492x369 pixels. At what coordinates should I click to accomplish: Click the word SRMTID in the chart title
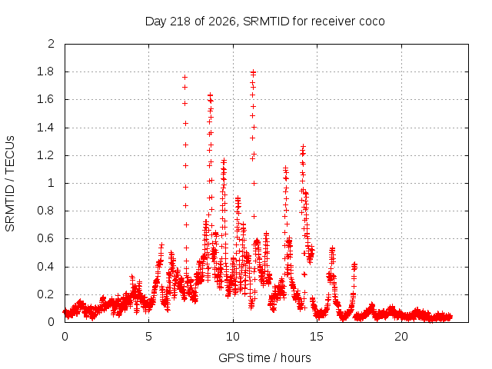pos(266,22)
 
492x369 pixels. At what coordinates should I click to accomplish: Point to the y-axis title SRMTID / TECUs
pos(10,184)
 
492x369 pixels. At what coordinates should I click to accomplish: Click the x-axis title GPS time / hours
pos(264,357)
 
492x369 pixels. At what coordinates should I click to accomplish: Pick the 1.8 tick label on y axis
pos(45,71)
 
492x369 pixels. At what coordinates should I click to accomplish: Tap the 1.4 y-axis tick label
pos(45,128)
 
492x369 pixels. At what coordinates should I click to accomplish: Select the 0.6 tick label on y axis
pos(45,238)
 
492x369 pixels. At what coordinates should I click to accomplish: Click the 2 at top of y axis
pos(51,44)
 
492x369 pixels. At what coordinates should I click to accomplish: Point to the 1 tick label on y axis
pos(51,183)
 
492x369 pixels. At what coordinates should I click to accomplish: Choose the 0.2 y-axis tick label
pos(45,294)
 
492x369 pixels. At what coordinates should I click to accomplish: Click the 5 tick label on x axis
pos(148,337)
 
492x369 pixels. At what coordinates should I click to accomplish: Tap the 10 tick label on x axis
pos(232,337)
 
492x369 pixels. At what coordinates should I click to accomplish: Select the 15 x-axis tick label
pos(317,337)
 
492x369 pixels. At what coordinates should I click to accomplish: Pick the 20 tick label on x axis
pos(401,337)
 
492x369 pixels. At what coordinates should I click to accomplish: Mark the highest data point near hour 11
pos(253,72)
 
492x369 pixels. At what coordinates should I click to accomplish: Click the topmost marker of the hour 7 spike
pos(184,77)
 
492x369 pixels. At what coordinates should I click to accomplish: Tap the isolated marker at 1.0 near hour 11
pos(254,183)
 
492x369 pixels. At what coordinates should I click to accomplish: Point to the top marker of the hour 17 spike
pos(354,264)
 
